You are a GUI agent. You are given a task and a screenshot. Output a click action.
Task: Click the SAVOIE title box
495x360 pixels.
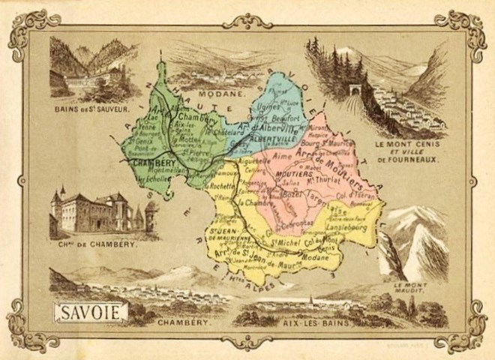[x=90, y=311]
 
